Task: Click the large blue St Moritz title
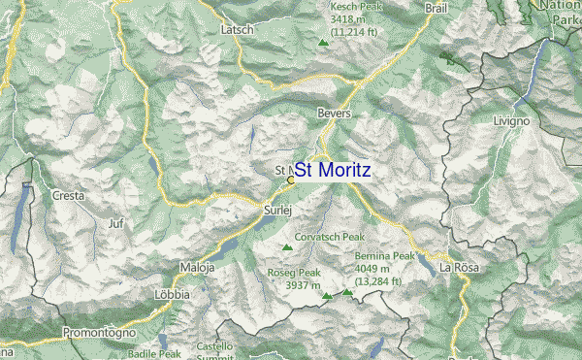click(332, 170)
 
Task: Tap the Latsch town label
click(237, 30)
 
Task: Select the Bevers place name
click(333, 114)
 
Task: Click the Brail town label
click(436, 8)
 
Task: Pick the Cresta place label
click(68, 195)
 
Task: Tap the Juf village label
click(116, 223)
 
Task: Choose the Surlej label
click(277, 209)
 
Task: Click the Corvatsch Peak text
click(329, 236)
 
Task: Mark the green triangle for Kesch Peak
click(323, 42)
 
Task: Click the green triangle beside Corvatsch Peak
click(286, 247)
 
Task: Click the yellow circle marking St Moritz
click(291, 180)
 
